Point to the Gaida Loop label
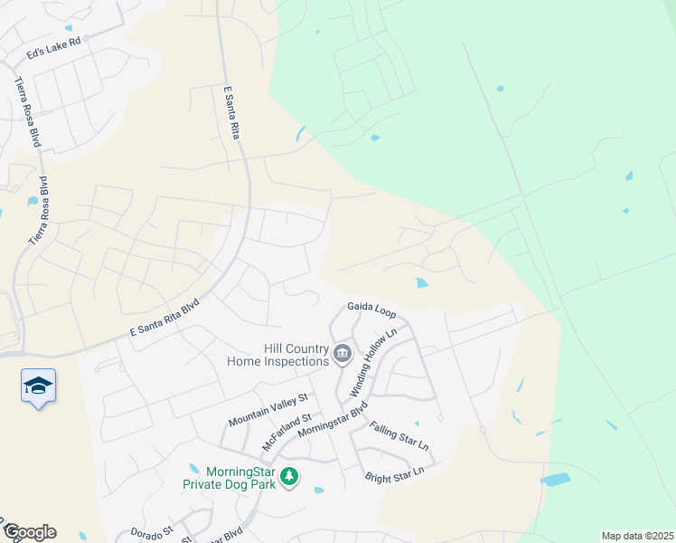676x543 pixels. (371, 312)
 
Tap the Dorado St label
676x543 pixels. (151, 533)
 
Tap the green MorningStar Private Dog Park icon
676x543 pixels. (289, 476)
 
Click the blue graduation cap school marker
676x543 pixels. (38, 386)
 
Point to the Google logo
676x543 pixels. (30, 532)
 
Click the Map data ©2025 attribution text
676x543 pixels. (636, 536)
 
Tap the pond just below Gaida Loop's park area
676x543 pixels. (422, 283)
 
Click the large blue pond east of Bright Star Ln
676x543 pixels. (555, 479)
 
